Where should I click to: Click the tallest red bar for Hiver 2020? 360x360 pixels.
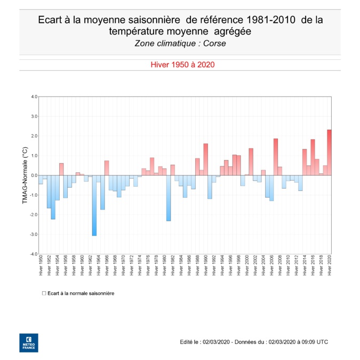[x=329, y=152]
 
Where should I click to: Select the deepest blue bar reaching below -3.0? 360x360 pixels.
[x=94, y=205]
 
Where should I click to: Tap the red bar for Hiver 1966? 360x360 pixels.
[x=107, y=167]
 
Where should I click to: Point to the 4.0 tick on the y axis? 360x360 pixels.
[x=34, y=97]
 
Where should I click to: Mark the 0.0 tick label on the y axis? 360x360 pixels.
[x=34, y=175]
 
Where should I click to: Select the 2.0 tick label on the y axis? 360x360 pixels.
[x=34, y=136]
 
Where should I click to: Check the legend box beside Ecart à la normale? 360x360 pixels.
[x=44, y=293]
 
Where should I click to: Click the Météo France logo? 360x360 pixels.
[x=29, y=343]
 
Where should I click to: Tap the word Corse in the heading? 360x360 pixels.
[x=214, y=43]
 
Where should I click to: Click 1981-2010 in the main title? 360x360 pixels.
[x=265, y=20]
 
